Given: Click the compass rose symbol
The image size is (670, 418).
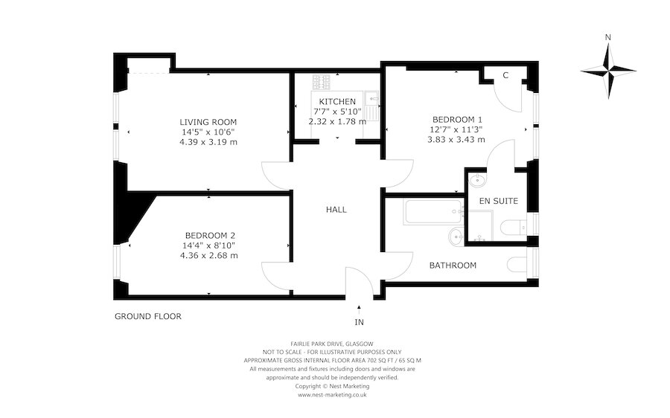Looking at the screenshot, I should [x=608, y=71].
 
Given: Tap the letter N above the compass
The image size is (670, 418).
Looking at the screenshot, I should [x=608, y=37].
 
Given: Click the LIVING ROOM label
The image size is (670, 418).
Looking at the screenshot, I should [x=208, y=122].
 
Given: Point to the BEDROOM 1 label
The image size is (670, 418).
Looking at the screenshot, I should [x=458, y=119].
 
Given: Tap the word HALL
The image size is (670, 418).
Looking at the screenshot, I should [x=336, y=210].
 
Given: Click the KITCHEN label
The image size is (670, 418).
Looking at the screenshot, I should [x=337, y=101].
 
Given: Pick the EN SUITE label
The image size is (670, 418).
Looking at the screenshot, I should [x=499, y=201].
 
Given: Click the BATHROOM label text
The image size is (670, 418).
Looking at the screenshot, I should [x=453, y=266].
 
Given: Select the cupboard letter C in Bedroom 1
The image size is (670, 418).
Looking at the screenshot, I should [x=505, y=75].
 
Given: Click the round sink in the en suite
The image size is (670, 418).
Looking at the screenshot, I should [x=476, y=181].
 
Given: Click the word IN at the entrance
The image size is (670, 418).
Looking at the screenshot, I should [x=360, y=323].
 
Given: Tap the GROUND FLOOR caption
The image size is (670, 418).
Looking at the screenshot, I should [x=147, y=316].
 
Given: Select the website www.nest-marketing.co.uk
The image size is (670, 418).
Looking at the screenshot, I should [x=332, y=395].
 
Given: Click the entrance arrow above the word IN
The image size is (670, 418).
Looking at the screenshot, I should [x=360, y=306].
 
